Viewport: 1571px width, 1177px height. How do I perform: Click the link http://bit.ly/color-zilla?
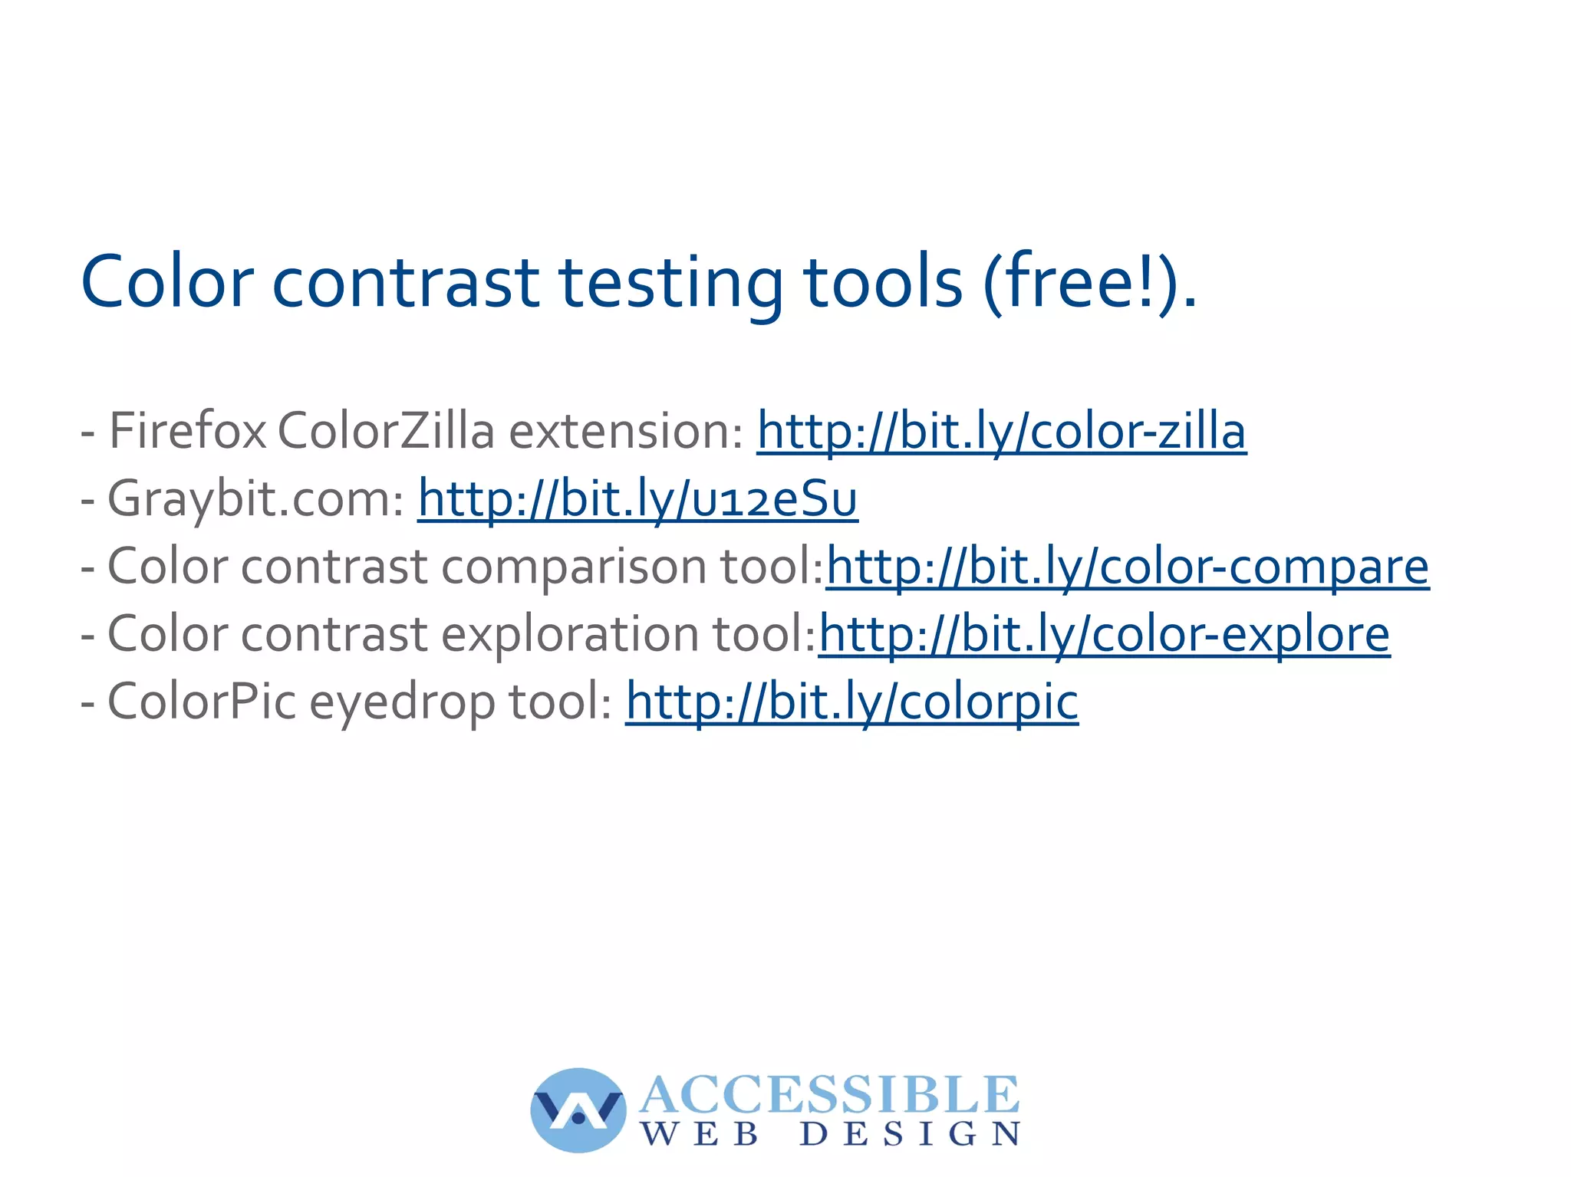tap(1001, 431)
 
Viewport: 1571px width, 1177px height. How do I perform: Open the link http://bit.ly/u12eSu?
tap(637, 499)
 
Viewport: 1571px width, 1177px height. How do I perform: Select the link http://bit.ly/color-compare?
tap(1127, 567)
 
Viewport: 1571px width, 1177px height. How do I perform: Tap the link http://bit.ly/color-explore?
tap(1104, 635)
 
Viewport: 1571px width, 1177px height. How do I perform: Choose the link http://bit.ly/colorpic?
tap(851, 702)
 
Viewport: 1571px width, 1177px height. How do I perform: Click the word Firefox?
tap(188, 431)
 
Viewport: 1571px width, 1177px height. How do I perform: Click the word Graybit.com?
tap(255, 499)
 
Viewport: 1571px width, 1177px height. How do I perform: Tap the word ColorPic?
tap(202, 702)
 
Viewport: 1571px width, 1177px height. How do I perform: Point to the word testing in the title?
tap(672, 282)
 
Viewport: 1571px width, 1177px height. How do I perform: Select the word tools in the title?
tap(882, 282)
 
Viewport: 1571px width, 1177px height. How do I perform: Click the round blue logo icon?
tap(578, 1110)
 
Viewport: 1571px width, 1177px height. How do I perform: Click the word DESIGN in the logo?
tap(910, 1134)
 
